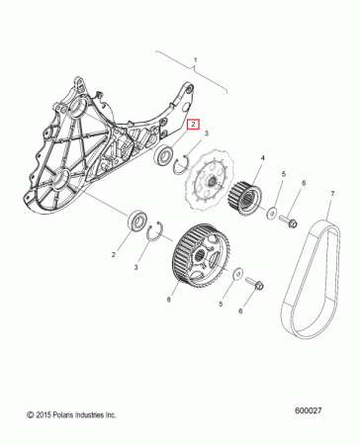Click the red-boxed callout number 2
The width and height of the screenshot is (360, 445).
(195, 125)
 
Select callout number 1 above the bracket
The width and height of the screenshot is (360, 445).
(196, 60)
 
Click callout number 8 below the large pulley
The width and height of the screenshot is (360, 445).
(169, 299)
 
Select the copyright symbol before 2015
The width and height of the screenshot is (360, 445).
(31, 413)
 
